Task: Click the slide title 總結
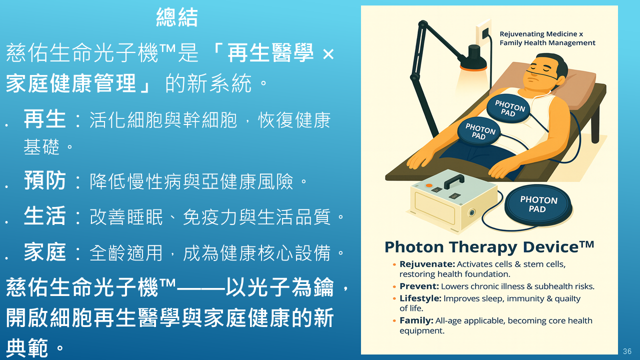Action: pos(177,17)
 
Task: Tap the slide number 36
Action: pos(627,351)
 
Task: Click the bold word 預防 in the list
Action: pos(45,180)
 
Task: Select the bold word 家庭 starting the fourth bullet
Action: pos(45,252)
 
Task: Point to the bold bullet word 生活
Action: pos(45,216)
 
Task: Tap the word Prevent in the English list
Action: pos(419,286)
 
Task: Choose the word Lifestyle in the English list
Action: pos(420,298)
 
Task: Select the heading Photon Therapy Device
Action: pos(489,247)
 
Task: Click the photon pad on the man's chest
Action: pos(508,108)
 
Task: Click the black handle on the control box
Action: pos(454,181)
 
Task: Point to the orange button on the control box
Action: pos(429,185)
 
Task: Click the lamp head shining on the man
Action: pos(473,59)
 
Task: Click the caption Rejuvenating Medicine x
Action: pos(541,34)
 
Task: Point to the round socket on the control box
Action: pos(471,212)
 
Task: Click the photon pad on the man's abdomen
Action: pos(479,131)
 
